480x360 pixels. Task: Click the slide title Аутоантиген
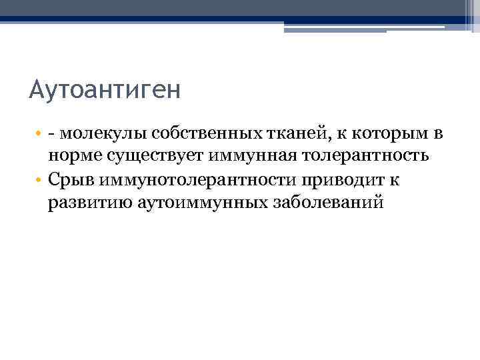(105, 89)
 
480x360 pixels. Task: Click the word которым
(378, 134)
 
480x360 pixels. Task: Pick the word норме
(71, 157)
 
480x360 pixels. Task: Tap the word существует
(152, 157)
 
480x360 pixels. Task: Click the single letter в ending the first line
(437, 134)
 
